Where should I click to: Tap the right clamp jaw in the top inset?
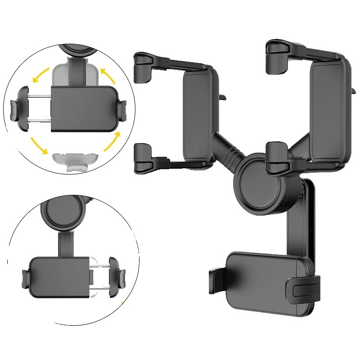point(122,108)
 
